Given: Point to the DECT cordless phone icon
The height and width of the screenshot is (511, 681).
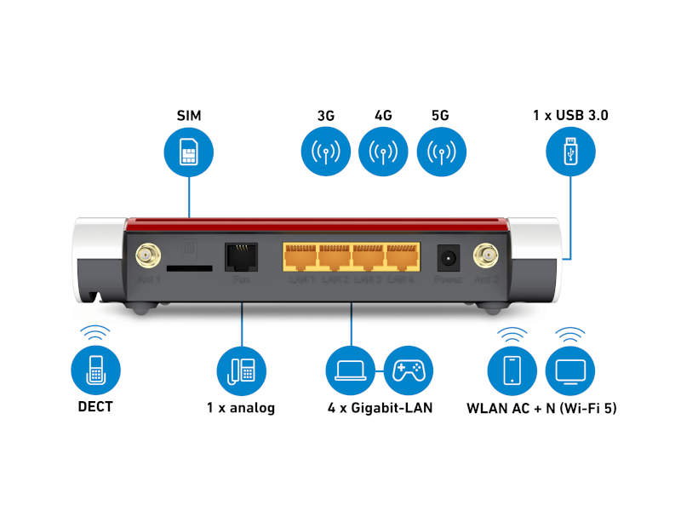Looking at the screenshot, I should point(95,369).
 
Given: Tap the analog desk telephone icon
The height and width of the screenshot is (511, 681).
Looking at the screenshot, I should point(242,369).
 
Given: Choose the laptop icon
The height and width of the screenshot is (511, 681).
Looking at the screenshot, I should point(351,369).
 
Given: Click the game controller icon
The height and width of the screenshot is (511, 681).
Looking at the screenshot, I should point(409,369).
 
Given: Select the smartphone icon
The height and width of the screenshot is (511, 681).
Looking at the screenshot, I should point(512,369).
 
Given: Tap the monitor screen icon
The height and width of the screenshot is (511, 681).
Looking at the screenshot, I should point(569,369).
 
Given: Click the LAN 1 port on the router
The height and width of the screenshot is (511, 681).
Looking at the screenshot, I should point(301,258).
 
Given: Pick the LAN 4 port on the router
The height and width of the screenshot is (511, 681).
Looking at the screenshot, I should point(402,258).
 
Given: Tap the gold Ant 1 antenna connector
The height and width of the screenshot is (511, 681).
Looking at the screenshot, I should point(146,254).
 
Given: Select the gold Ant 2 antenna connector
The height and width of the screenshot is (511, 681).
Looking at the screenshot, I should point(487,254).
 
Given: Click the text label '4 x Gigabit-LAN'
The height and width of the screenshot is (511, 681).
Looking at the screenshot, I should point(380,408).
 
